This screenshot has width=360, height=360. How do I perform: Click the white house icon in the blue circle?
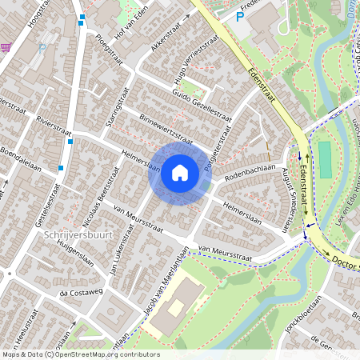tap(179, 173)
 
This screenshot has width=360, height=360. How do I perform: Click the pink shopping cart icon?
tap(6, 47)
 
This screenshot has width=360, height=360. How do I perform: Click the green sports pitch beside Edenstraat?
tap(324, 160)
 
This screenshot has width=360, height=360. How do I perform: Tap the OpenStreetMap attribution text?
tap(80, 354)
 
